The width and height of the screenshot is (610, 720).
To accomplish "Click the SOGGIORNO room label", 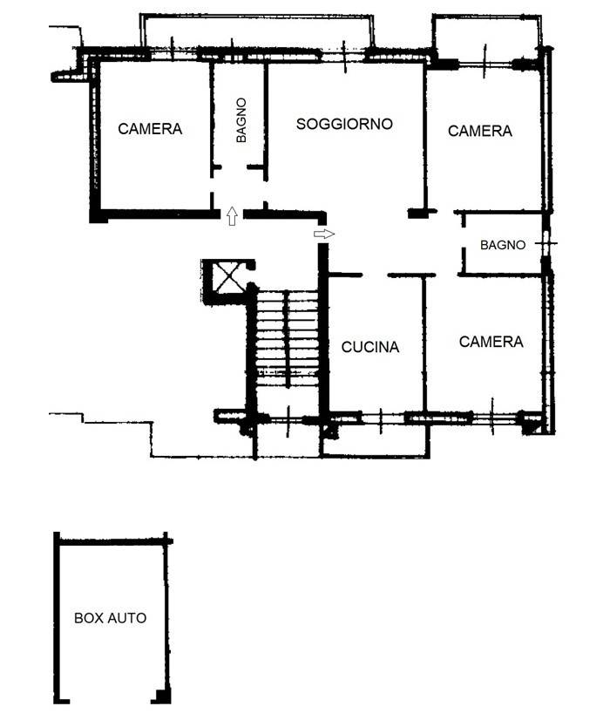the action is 344,124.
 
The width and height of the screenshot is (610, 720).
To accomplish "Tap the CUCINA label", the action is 370,347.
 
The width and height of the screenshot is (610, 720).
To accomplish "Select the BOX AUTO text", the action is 110,618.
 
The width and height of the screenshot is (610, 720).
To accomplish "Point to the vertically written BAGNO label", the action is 241,120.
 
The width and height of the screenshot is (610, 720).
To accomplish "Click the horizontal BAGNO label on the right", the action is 503,245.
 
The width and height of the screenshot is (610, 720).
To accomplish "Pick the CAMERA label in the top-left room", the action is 150,129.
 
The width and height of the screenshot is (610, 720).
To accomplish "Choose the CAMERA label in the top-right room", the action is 479,132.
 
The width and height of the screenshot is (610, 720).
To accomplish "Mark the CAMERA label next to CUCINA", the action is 491,342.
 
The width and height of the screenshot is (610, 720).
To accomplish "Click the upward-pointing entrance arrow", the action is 232,216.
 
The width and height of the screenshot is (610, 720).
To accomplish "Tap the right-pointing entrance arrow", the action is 324,234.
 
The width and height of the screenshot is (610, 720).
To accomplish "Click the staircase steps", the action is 288,337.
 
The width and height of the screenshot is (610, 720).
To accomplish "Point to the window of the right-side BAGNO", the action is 546,243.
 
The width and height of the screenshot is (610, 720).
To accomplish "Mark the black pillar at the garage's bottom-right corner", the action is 161,696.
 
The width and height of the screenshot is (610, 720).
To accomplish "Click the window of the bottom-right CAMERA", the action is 492,418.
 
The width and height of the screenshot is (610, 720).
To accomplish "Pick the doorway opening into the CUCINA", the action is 375,275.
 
